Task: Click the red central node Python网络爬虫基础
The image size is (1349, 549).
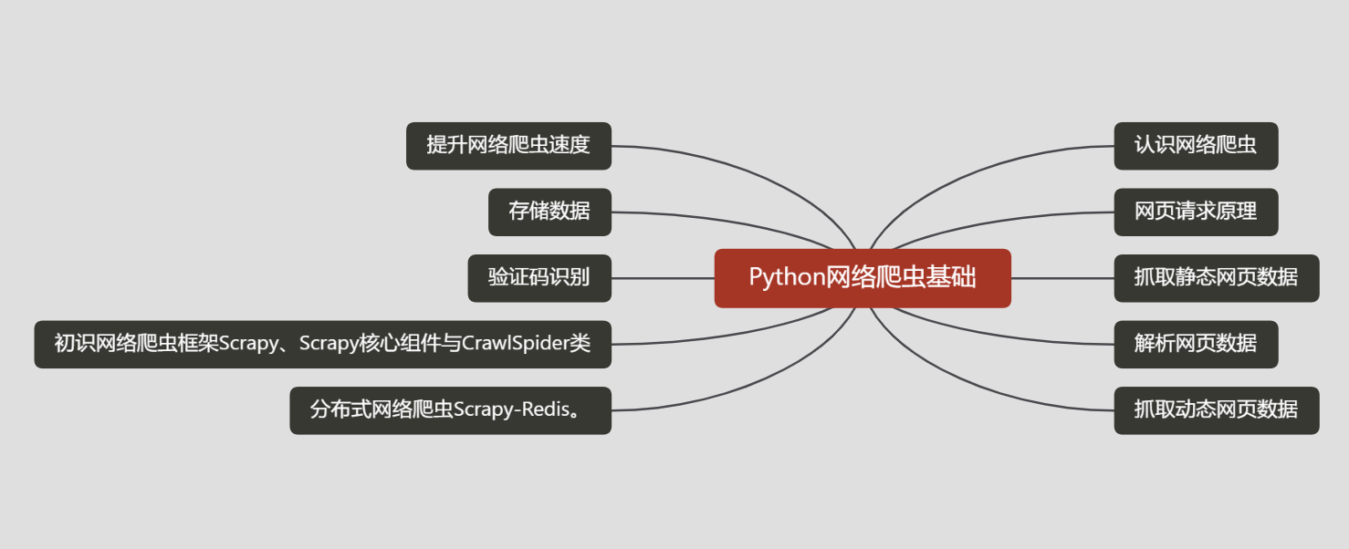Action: (x=863, y=278)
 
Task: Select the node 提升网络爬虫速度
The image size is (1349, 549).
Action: (x=509, y=146)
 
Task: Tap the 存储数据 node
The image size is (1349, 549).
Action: (x=549, y=212)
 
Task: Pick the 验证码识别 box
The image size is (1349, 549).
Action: (x=539, y=278)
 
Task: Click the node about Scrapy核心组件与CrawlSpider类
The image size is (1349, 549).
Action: (x=323, y=345)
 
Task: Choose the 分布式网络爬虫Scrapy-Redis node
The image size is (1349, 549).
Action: (x=451, y=410)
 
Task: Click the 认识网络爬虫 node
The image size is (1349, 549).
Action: (x=1196, y=146)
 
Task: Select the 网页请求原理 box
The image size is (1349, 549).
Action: (x=1196, y=212)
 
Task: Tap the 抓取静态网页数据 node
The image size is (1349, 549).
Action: (x=1217, y=278)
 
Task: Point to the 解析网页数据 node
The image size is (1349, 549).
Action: (x=1196, y=345)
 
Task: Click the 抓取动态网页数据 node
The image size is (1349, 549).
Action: (x=1217, y=410)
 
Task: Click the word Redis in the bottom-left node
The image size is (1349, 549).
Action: (x=546, y=409)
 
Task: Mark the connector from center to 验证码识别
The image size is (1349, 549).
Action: (x=663, y=278)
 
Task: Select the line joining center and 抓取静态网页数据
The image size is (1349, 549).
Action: (x=1062, y=278)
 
